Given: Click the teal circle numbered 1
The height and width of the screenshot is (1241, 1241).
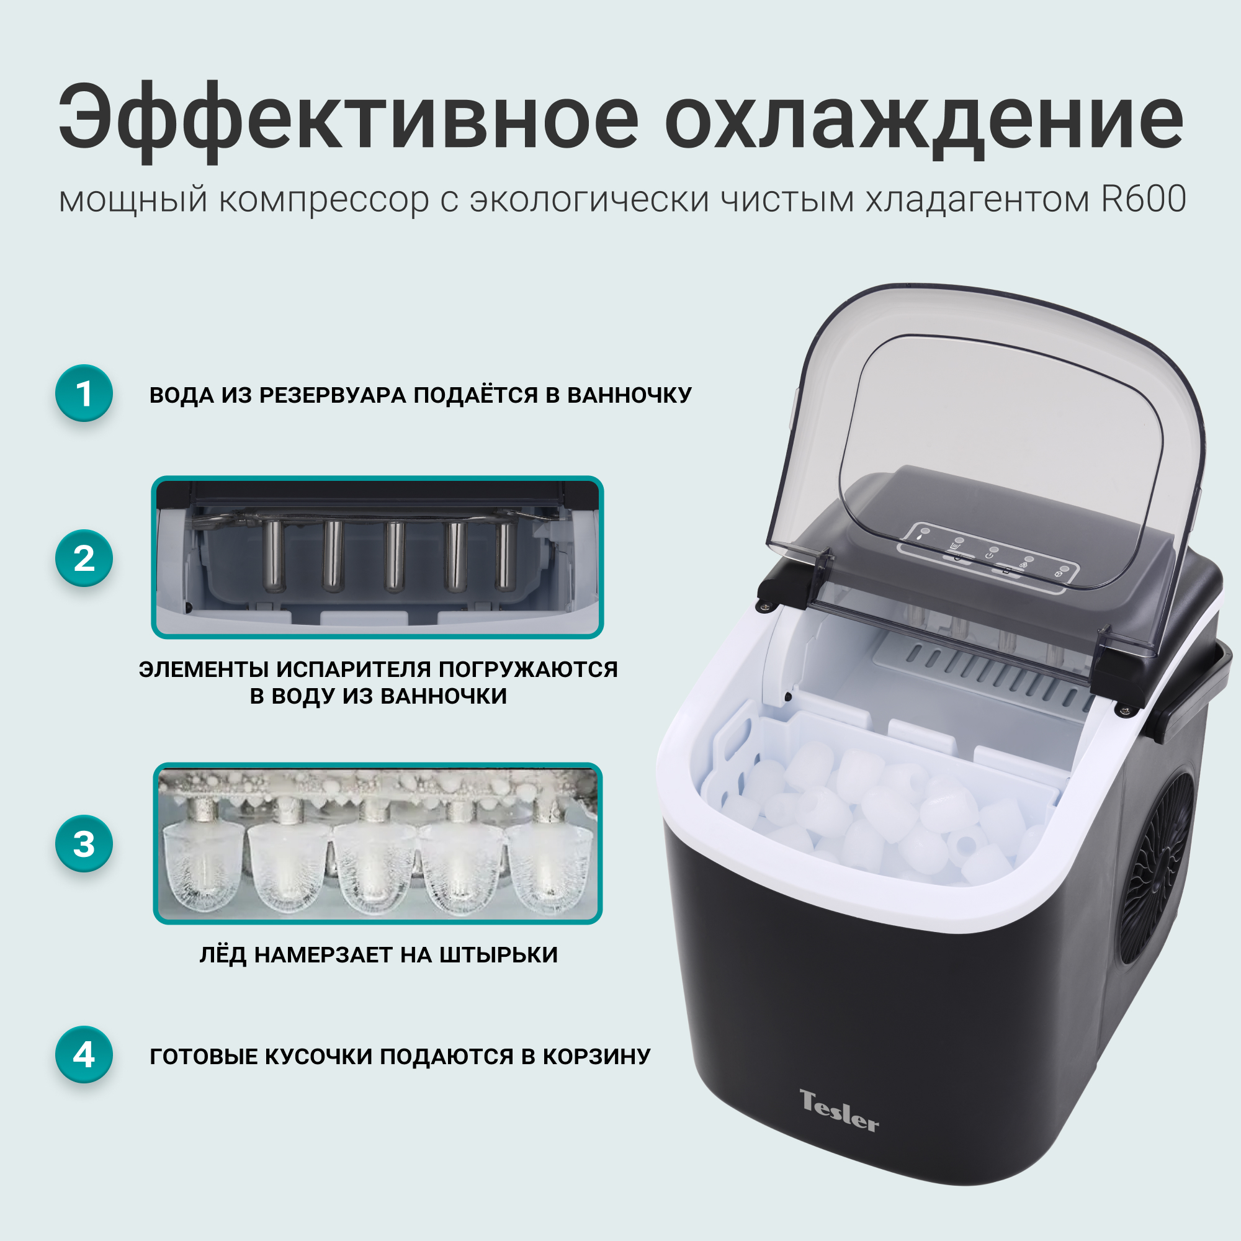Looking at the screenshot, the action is (84, 393).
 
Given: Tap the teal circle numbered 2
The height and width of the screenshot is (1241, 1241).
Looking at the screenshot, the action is (84, 558).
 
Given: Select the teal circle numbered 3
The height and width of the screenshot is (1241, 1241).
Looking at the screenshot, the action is (84, 843).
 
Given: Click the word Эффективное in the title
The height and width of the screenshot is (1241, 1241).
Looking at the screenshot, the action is (349, 121).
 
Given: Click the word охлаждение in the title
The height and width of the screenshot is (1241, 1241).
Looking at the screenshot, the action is (925, 121).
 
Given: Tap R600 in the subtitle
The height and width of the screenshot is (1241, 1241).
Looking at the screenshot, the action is (1144, 199).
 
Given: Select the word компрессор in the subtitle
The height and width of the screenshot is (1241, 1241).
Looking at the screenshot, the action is (325, 200).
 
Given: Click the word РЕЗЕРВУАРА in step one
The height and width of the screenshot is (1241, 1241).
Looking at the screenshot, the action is (333, 395).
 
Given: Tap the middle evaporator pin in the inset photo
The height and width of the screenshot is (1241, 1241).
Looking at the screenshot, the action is (395, 556).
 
